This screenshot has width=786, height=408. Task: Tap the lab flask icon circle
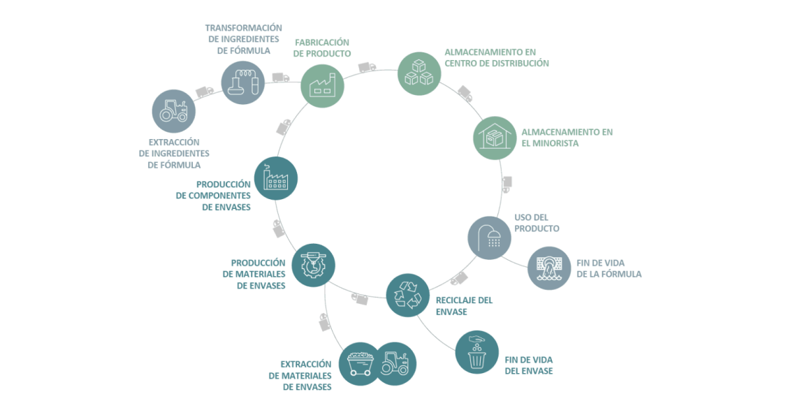(243, 81)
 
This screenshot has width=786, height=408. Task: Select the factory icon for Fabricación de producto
(323, 85)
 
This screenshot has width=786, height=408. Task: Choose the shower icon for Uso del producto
(489, 238)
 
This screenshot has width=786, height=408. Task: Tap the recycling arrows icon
(408, 295)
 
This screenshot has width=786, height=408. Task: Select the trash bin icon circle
(476, 352)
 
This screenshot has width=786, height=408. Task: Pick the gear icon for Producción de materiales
(313, 265)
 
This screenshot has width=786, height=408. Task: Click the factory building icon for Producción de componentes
(275, 178)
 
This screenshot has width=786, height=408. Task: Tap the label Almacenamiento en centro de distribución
(497, 57)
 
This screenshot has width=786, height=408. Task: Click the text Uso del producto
(537, 223)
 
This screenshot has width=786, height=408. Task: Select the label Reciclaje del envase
(464, 305)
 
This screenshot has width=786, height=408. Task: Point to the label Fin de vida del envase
(529, 365)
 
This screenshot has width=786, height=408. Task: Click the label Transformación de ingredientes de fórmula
(244, 38)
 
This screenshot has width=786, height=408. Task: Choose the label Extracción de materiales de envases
(300, 375)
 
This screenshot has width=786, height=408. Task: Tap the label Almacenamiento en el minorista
(567, 137)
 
